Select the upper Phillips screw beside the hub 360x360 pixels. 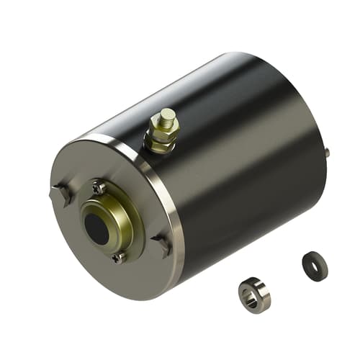[x=99, y=189]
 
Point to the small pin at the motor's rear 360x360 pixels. [x=327, y=152]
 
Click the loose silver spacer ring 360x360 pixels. [x=255, y=294]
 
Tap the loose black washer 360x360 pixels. [x=315, y=266]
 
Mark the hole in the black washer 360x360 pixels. [x=312, y=261]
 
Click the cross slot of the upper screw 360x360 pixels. [x=99, y=189]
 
